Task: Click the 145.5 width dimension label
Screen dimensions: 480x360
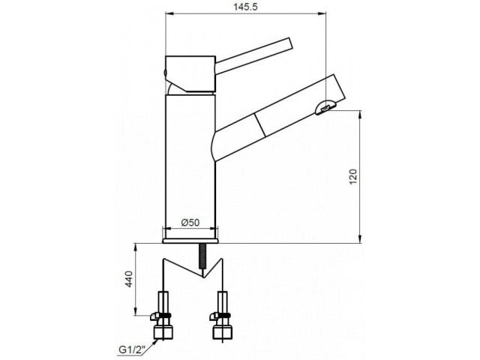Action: [246, 7]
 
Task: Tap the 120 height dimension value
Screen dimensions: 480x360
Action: [353, 177]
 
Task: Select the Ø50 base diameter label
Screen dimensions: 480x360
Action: [190, 222]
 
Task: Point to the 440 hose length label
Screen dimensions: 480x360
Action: [129, 279]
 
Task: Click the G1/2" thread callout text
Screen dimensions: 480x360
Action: [132, 349]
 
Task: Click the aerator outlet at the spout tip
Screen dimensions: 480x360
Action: [325, 107]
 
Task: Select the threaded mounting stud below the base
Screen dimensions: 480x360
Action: [202, 256]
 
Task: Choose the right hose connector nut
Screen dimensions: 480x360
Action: [222, 332]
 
